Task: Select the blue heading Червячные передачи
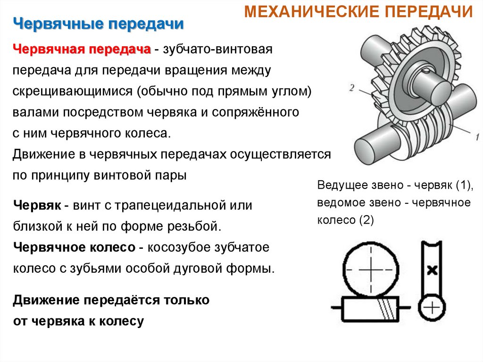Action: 98,24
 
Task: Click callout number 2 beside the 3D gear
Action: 352,87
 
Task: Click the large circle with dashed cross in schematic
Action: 371,270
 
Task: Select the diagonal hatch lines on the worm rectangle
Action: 386,310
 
